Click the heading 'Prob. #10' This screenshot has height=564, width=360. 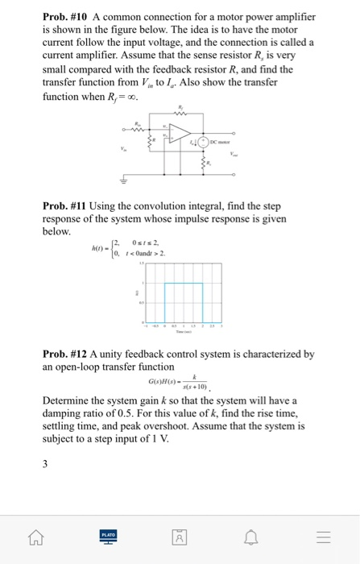tap(65, 17)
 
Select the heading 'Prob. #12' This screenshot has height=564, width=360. tap(65, 354)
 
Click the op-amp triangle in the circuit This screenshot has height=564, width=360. tap(179, 135)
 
